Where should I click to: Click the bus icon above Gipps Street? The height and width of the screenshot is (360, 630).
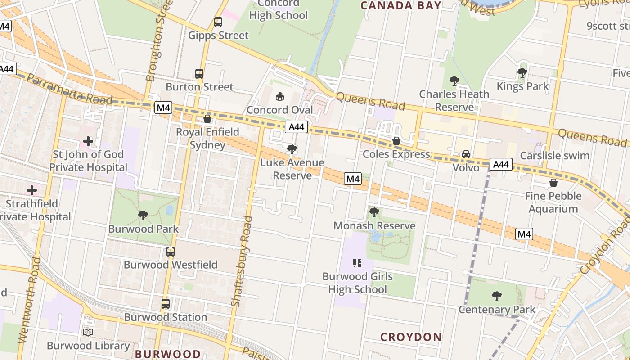[x=218, y=22]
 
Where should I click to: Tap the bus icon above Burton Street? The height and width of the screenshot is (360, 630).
[x=199, y=73]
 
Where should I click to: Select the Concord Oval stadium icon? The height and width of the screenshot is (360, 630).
[x=280, y=96]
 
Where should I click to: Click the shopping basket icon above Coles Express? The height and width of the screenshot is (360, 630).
[x=396, y=141]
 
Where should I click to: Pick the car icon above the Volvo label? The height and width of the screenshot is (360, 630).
[x=466, y=154]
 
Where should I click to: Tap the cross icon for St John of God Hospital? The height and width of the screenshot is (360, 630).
[x=88, y=141]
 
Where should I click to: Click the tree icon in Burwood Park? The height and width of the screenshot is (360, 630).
[x=143, y=215]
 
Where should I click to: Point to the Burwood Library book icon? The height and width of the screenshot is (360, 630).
[x=89, y=332]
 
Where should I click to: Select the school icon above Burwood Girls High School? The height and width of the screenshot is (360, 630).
[x=357, y=263]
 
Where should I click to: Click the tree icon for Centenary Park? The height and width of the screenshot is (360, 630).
[x=497, y=296]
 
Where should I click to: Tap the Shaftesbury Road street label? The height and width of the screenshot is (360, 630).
[x=242, y=261]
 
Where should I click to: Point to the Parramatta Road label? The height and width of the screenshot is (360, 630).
[x=70, y=89]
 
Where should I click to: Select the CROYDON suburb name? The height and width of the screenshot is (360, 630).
[x=411, y=337]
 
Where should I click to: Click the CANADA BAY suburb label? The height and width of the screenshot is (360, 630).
[x=401, y=5]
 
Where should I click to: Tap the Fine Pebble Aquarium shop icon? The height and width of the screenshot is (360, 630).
[x=553, y=183]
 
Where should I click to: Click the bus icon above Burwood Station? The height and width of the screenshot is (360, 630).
[x=166, y=304]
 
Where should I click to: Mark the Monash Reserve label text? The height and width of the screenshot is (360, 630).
[x=374, y=225]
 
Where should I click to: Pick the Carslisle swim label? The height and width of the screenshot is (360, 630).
[x=554, y=156]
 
